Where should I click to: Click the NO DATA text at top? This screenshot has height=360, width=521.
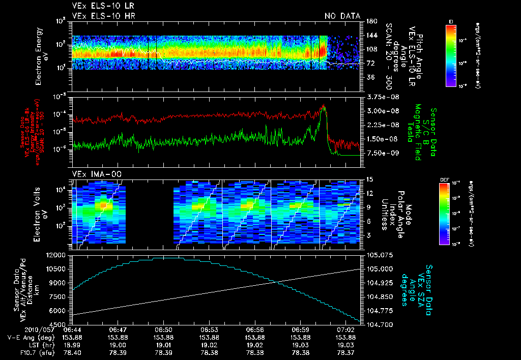[x=342, y=16]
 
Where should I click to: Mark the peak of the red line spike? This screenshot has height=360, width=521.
[x=324, y=105]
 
